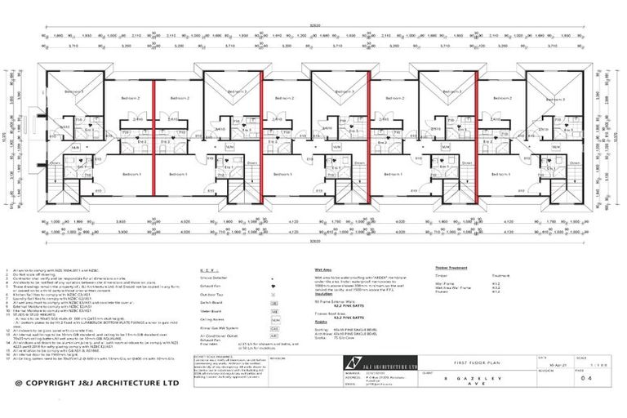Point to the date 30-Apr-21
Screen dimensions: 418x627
point(568,363)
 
